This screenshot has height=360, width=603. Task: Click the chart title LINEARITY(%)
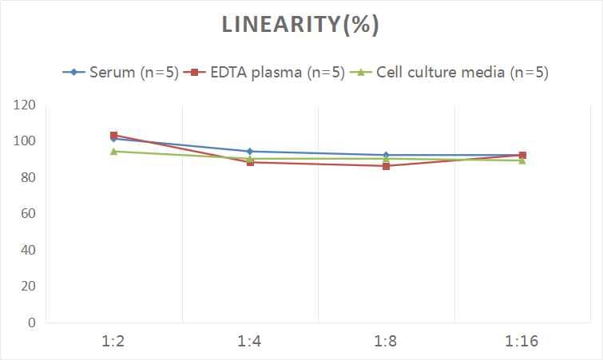coord(300,25)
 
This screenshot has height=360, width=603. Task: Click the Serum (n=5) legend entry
coord(121,73)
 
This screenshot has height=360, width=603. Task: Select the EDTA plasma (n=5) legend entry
coord(266,73)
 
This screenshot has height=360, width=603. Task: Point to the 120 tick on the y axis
coord(25,105)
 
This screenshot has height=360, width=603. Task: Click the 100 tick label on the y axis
coord(25,141)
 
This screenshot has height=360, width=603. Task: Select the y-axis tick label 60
coord(28,214)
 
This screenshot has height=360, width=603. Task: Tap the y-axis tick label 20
coord(28,287)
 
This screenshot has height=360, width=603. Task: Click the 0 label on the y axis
coord(32,322)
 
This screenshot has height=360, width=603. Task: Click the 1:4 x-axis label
coord(250,342)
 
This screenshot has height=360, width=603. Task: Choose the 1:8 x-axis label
coord(386,342)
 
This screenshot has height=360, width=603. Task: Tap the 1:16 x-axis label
coord(522,342)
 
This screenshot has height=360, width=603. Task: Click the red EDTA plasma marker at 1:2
coord(114,136)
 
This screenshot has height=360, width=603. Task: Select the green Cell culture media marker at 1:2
coord(114,151)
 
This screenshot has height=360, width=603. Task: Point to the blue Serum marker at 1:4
coord(250,151)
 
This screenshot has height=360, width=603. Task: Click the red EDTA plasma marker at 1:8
coord(386,166)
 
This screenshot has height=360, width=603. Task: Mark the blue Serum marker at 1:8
coord(386,155)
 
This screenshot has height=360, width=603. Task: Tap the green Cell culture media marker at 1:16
coord(522,160)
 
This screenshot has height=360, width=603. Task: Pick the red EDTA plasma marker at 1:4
coord(250,162)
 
